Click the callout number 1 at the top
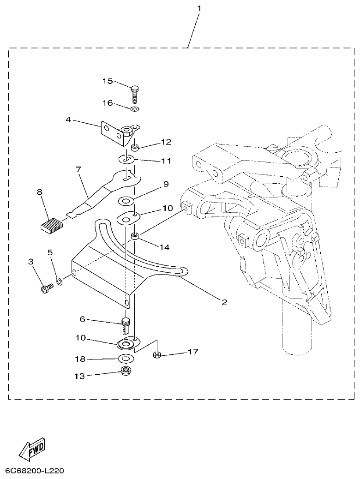[x=199, y=8]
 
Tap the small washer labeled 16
[x=134, y=109]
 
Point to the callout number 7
[x=78, y=170]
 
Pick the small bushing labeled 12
[x=136, y=148]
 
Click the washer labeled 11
[x=126, y=159]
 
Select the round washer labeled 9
[x=126, y=201]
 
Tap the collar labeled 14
[x=136, y=237]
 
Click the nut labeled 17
[x=156, y=355]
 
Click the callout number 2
[x=224, y=302]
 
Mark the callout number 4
[x=68, y=119]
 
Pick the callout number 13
[x=79, y=376]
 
